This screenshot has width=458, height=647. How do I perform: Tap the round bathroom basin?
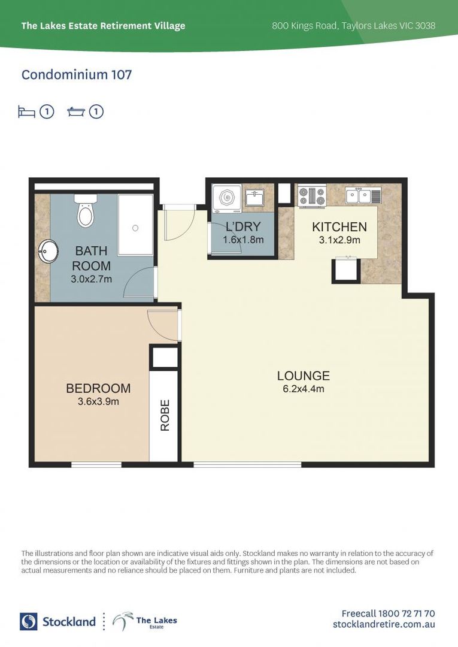click(x=47, y=250)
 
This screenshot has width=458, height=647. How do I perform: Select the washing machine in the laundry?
click(x=228, y=198)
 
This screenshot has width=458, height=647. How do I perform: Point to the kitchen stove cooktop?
click(x=312, y=195)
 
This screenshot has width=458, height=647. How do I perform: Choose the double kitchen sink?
click(x=363, y=195)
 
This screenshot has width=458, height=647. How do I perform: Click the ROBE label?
click(x=165, y=415)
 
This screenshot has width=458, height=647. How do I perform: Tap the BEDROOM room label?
click(x=98, y=389)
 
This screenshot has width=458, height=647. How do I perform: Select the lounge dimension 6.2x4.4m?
click(x=303, y=389)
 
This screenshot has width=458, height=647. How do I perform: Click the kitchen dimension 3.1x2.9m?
click(x=339, y=240)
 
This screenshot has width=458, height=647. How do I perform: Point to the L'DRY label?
click(x=242, y=227)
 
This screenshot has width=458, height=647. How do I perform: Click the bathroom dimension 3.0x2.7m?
click(x=92, y=279)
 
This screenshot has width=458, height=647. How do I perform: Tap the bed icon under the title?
click(x=26, y=112)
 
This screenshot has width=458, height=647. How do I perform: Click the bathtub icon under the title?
click(x=76, y=112)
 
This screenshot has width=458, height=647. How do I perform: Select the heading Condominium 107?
click(x=77, y=75)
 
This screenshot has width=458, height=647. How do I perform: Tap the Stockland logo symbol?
click(x=29, y=621)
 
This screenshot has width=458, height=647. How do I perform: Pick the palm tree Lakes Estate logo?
click(x=123, y=621)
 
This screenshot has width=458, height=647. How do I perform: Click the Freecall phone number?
click(x=388, y=613)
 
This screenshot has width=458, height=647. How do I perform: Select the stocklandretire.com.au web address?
click(x=384, y=624)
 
